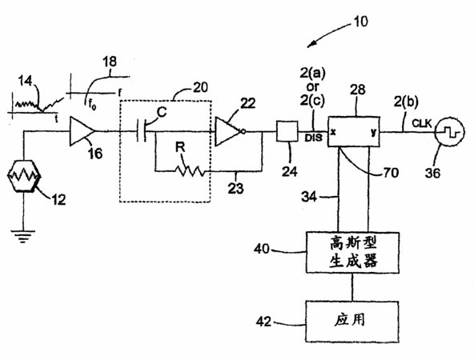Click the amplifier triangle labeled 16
82,131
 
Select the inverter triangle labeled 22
229,131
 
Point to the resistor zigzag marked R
190,171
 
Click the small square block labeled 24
287,131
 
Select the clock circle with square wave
450,132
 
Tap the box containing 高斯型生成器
353,253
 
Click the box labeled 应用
352,322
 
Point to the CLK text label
422,123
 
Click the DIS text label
314,138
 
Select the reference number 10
360,22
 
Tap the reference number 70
391,173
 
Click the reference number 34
308,197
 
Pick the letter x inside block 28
333,132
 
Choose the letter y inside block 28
374,132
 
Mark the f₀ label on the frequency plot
92,105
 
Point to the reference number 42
263,322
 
